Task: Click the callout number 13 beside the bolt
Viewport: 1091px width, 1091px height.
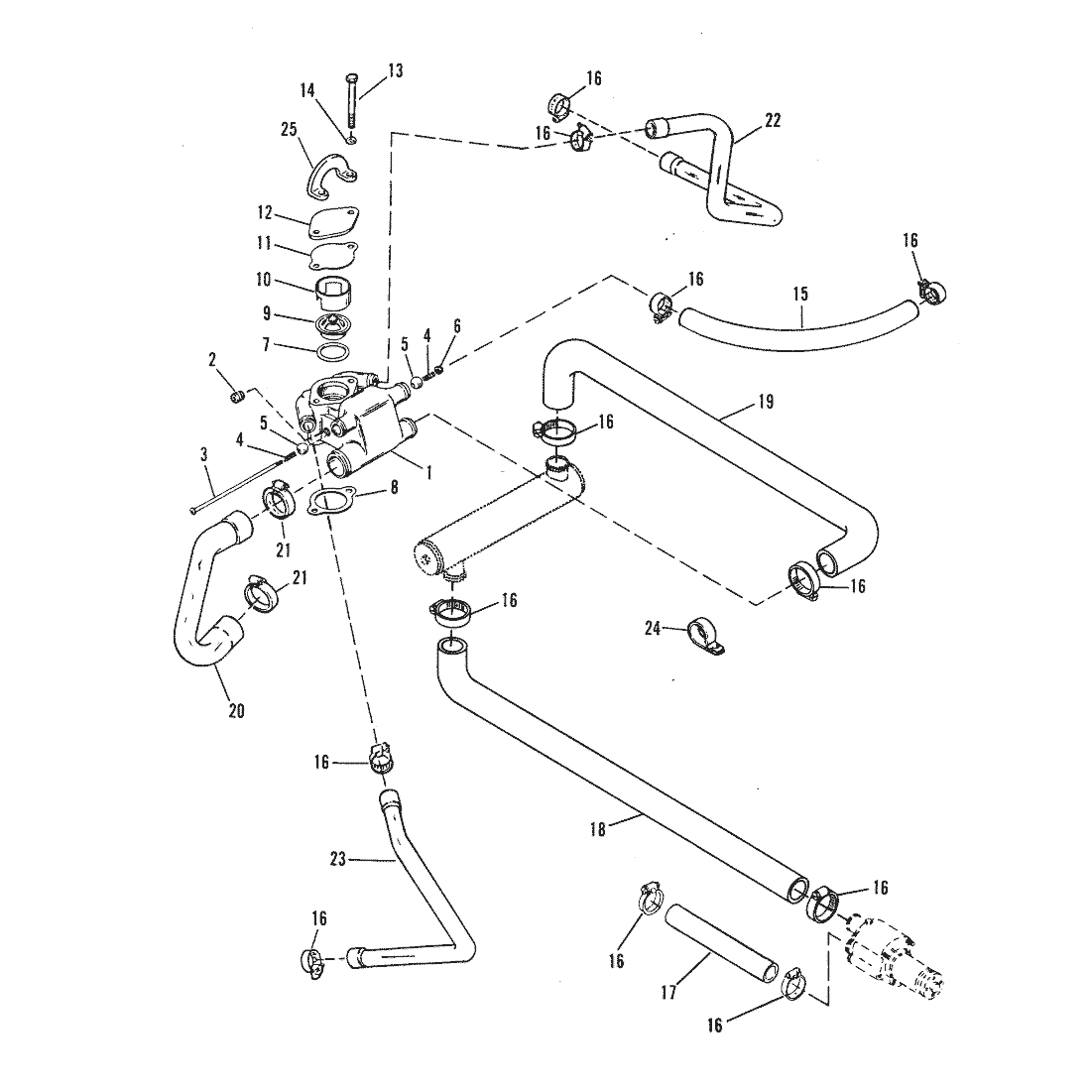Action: coord(395,70)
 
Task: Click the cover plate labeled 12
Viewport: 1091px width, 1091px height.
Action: coord(333,224)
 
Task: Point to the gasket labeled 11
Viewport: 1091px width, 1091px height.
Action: coord(333,255)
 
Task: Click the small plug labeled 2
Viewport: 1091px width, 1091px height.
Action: coord(237,398)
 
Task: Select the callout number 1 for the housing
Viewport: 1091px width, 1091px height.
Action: coord(428,474)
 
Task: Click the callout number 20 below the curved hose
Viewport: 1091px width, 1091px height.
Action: coord(236,710)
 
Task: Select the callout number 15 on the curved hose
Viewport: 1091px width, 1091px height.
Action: coord(800,294)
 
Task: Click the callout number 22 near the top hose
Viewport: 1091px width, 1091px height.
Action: coord(773,120)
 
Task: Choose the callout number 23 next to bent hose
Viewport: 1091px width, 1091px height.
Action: coord(337,859)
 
